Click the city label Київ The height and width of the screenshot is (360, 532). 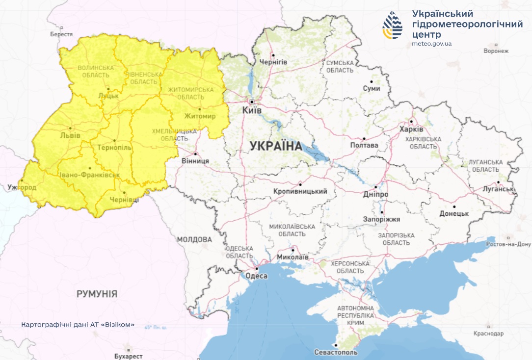[x=252, y=111]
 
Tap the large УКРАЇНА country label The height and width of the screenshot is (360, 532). [x=276, y=146]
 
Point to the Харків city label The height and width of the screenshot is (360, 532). [x=411, y=129]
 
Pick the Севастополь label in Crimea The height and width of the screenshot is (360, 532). [x=336, y=353]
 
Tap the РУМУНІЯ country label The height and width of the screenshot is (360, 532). [x=97, y=294]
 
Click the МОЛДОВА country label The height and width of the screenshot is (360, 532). [x=194, y=239]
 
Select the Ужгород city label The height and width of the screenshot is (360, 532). [x=22, y=187]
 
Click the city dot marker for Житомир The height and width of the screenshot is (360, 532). [x=200, y=109]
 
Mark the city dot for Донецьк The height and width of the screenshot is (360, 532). [x=454, y=206]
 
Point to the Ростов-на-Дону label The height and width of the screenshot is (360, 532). [x=508, y=244]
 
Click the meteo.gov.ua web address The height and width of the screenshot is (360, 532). [x=432, y=44]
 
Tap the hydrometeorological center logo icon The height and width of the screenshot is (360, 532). [x=393, y=25]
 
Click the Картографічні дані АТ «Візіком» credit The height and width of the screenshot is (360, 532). [x=78, y=325]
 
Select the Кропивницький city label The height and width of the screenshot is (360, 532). [x=300, y=192]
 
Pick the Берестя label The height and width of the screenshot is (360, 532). [x=61, y=34]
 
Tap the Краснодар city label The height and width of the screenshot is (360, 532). [x=489, y=334]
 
